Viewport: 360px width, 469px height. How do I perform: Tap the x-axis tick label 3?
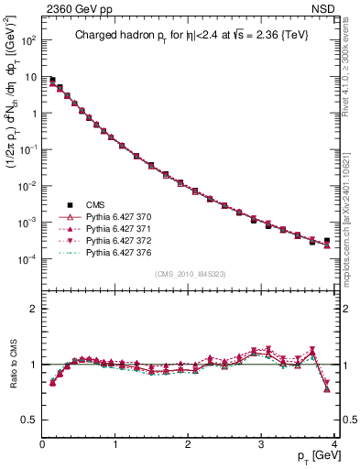(262, 444)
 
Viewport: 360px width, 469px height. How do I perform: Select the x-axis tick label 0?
(42, 444)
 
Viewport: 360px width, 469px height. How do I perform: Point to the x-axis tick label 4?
(335, 444)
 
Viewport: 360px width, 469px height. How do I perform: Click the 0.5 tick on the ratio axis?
(30, 420)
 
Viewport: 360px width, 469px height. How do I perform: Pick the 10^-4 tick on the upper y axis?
(27, 259)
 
